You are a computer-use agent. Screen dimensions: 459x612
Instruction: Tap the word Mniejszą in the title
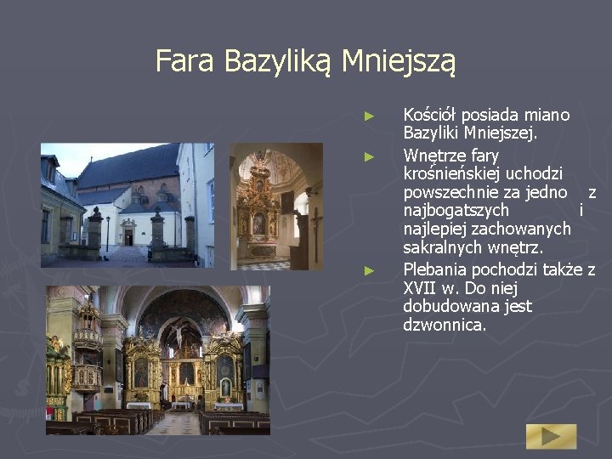coord(399,61)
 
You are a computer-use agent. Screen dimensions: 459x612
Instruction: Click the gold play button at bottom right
coord(550,436)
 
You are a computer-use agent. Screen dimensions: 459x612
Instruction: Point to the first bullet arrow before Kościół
coord(368,115)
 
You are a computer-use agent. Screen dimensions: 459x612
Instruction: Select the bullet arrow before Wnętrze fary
coord(368,156)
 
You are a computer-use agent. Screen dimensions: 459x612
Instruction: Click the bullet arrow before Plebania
coord(368,270)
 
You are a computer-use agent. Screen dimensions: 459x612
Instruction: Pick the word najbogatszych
coord(456,210)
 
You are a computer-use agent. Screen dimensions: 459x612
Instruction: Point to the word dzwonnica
coord(445,325)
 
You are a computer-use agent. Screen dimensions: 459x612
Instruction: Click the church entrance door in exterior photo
coord(128,237)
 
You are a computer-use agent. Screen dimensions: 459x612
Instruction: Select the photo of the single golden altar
coord(276,206)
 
